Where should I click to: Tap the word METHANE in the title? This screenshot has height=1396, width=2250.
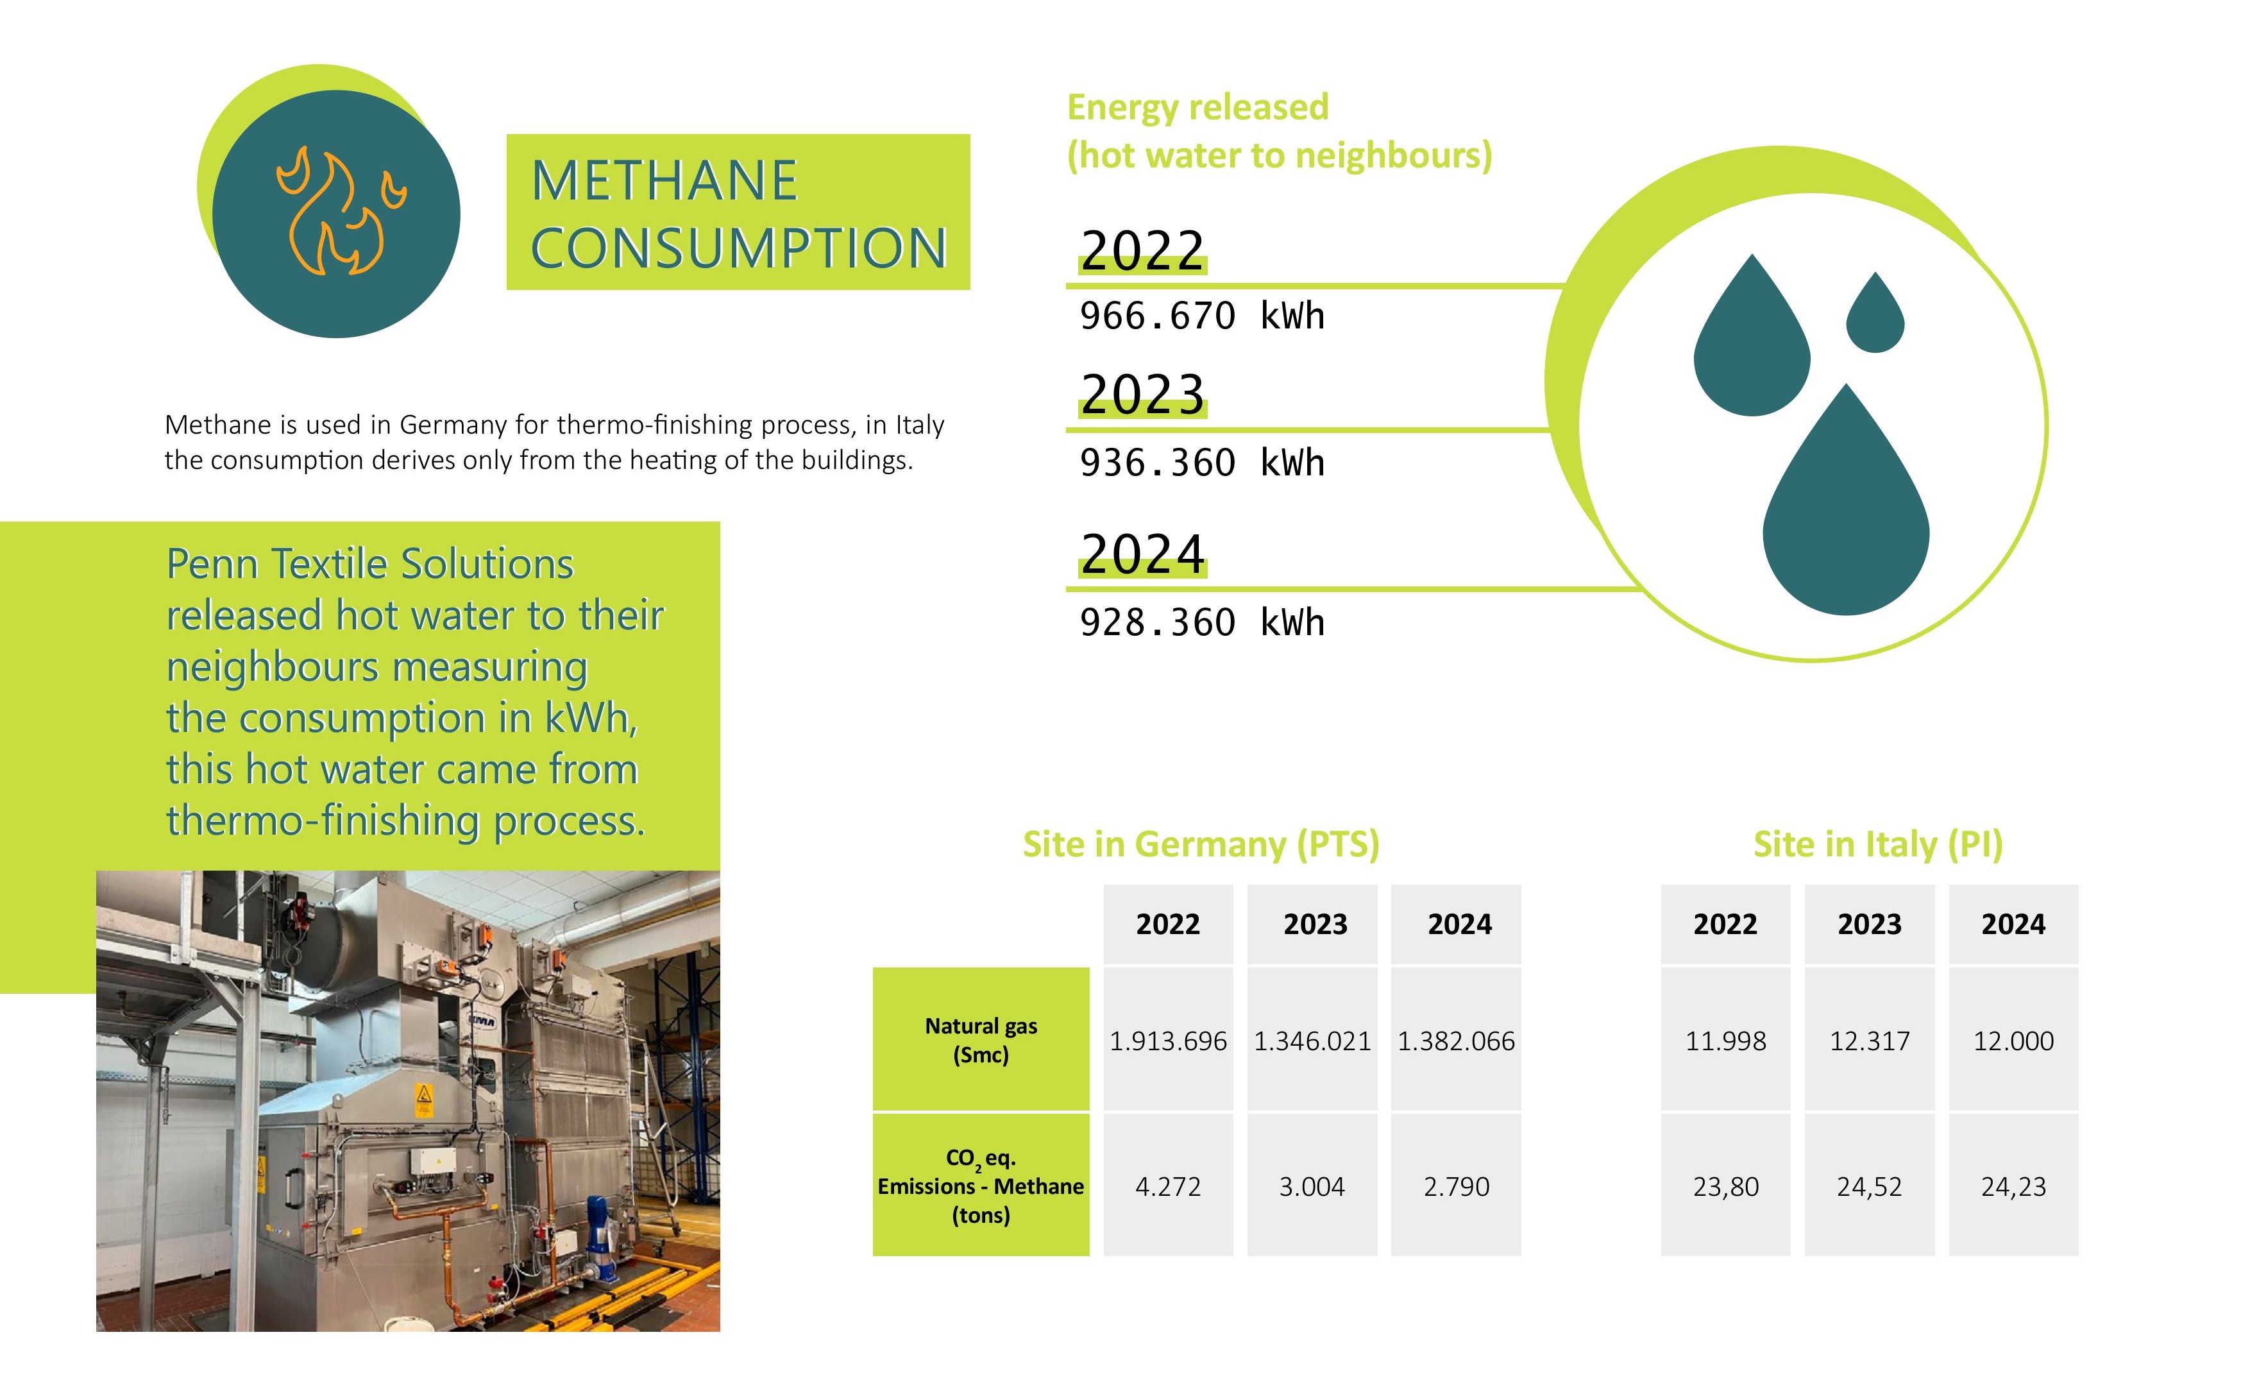tap(664, 180)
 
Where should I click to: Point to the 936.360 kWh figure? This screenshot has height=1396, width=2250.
tap(1201, 463)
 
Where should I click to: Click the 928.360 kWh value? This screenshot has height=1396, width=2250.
tap(1201, 623)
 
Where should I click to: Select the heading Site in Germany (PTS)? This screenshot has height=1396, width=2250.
tap(1200, 844)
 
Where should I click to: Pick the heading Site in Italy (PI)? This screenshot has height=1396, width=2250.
tap(1877, 844)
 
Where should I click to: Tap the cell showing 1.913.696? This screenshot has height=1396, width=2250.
tap(1167, 1041)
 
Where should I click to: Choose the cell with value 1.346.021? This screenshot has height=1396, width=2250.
tap(1312, 1041)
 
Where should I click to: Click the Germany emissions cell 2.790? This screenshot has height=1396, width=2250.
tap(1455, 1186)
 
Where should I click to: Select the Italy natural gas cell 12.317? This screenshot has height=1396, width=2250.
tap(1869, 1041)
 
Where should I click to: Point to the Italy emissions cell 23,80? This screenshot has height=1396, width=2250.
tap(1725, 1186)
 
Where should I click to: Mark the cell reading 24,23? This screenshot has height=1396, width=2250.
tap(2013, 1186)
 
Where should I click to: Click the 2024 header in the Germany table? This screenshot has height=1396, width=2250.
tap(1459, 924)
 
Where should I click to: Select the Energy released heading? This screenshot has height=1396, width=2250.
tap(1197, 108)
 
